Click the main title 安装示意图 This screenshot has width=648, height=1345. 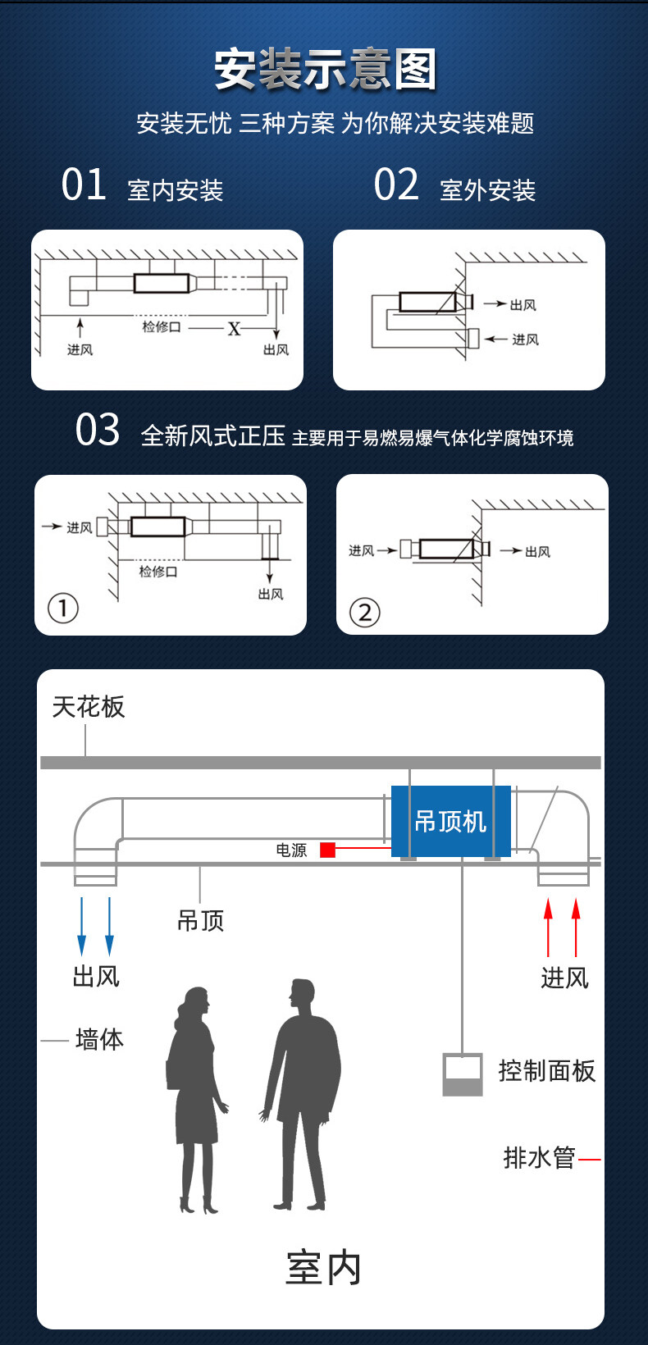point(325,70)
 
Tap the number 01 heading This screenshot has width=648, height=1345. point(84,185)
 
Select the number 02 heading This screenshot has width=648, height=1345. point(395,185)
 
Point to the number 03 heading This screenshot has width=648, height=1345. point(98,430)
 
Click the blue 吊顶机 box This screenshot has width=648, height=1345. point(451,821)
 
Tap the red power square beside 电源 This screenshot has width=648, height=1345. point(327,850)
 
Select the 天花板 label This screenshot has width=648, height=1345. point(89,707)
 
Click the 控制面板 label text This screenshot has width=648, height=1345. point(546,1070)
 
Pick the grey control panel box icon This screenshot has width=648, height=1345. point(463,1074)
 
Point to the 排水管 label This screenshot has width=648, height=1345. point(539,1158)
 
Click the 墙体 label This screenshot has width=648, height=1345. point(100,1039)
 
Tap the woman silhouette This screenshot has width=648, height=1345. point(196,1100)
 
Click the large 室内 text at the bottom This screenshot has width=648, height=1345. point(323,1268)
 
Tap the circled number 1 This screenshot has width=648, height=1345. point(63,609)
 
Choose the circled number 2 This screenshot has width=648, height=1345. point(364,613)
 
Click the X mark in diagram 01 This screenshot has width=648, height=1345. point(234,328)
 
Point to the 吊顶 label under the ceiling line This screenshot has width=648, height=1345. point(201,920)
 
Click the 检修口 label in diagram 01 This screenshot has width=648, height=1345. point(161,326)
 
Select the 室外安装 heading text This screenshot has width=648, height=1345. point(488,190)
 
